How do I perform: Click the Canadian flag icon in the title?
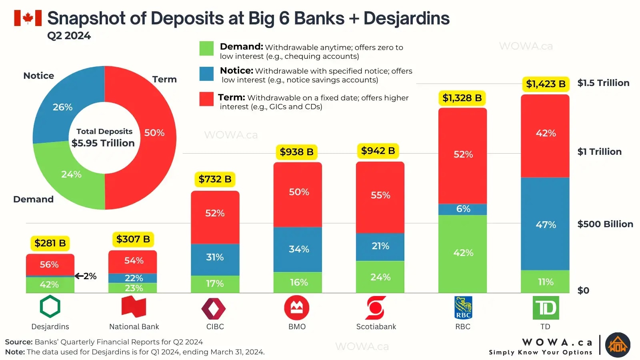click(28, 18)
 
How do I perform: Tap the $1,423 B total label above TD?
click(545, 84)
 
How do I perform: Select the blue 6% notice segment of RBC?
click(463, 209)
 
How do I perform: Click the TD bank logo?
click(546, 308)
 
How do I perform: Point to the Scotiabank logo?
click(376, 308)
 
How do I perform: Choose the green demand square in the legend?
click(206, 48)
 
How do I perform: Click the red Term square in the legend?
click(206, 99)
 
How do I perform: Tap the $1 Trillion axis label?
click(599, 152)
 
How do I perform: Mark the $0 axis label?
click(583, 290)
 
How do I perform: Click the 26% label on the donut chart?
click(63, 107)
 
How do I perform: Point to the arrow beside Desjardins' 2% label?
click(79, 276)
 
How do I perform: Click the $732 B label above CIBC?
click(215, 179)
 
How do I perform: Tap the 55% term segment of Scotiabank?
click(380, 195)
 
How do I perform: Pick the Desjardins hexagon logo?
click(50, 307)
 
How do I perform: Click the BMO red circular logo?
click(296, 308)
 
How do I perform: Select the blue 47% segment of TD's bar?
click(545, 224)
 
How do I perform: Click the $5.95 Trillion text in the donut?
click(103, 143)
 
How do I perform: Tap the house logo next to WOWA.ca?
click(618, 345)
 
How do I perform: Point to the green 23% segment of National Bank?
click(133, 288)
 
